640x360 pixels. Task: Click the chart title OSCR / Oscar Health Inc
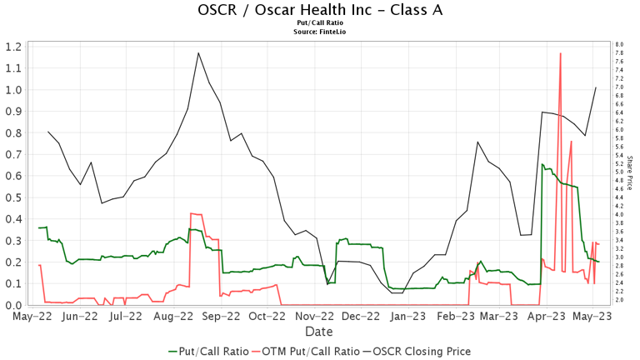tap(320, 10)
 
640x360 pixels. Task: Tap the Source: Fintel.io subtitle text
tap(320, 32)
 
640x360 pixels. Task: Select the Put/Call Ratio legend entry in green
tap(207, 351)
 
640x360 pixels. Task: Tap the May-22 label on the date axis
tap(29, 317)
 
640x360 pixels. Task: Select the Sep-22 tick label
tap(222, 317)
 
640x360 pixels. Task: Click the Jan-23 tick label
tap(411, 317)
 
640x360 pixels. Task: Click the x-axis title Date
tap(320, 332)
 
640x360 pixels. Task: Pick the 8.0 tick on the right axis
tap(619, 44)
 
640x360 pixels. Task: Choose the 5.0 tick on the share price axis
tap(619, 172)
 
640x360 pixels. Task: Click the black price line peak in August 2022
tap(198, 53)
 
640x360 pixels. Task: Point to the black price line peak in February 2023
tap(477, 142)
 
